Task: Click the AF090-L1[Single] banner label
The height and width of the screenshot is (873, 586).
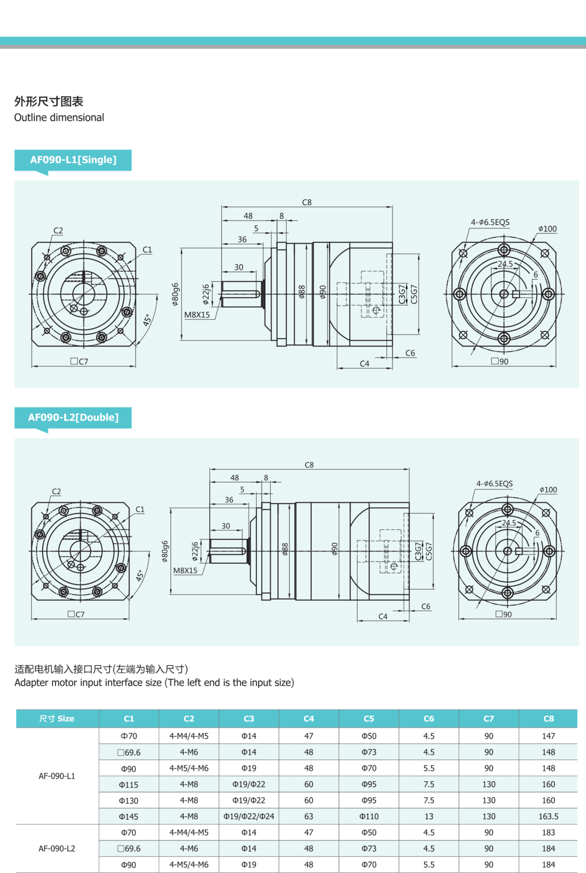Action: coord(73,160)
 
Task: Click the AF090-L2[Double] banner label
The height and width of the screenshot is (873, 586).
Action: coord(73,417)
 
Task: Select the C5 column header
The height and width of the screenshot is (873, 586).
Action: coord(369,718)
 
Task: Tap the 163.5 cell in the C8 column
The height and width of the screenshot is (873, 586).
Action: coord(548,816)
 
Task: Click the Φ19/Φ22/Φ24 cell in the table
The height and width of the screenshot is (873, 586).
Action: coord(249,816)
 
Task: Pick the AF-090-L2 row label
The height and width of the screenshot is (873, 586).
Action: coord(57,848)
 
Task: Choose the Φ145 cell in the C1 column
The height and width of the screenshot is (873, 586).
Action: coord(128,817)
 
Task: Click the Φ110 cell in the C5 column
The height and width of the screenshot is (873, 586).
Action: coord(369,816)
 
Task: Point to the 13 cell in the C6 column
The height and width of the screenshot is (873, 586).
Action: coord(429,816)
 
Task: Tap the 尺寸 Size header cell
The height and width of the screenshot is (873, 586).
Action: coord(57,718)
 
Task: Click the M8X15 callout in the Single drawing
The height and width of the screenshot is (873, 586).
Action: coord(197,315)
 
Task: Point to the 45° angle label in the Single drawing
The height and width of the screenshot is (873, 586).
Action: coord(148,320)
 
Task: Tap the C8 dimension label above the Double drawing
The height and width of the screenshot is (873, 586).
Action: coord(309,465)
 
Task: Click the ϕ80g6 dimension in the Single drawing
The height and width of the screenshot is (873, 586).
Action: coord(175,294)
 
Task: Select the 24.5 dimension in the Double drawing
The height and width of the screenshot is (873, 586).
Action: coord(509,523)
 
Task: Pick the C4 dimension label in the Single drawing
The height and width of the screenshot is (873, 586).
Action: coord(364,364)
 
